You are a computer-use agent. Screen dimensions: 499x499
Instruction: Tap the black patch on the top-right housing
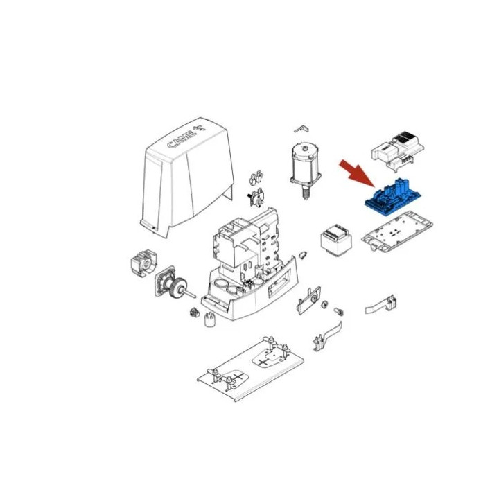point(405,137)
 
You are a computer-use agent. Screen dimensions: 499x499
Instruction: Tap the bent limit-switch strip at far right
point(381,304)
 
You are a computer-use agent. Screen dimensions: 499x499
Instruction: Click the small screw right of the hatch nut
point(339,310)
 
